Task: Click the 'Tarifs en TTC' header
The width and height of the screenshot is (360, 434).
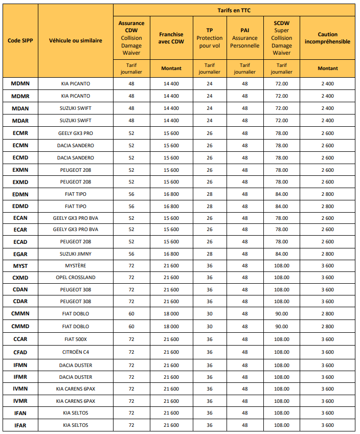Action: [x=234, y=10]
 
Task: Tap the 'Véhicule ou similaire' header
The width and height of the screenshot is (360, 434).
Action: [x=75, y=41]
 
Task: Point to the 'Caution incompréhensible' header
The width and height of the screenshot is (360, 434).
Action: [x=327, y=38]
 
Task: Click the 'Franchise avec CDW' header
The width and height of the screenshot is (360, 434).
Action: [x=171, y=38]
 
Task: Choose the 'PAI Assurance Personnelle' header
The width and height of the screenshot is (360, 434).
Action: [x=244, y=38]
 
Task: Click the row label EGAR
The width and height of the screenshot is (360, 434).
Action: [x=20, y=254]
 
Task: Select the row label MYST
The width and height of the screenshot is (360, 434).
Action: [x=20, y=265]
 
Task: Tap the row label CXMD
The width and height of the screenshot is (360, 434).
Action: [x=20, y=278]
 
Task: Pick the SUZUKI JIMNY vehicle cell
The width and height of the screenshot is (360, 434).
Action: [x=75, y=254]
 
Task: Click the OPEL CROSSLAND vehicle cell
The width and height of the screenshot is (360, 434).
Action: [x=75, y=278]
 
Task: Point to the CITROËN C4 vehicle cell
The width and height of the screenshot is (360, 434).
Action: [x=75, y=352]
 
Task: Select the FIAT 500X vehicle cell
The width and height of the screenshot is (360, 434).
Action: [x=75, y=339]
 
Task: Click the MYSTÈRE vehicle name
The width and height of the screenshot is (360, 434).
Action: [x=75, y=265]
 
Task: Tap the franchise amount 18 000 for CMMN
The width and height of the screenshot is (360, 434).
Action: [x=171, y=314]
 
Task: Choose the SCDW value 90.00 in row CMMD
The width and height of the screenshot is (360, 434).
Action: [x=281, y=326]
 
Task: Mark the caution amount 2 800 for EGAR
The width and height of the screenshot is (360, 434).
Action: [x=327, y=254]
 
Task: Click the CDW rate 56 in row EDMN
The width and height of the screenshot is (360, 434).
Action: [x=131, y=194]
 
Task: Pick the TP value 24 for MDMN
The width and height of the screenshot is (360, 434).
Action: [x=209, y=83]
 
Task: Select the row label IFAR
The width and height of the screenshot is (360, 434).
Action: [x=20, y=425]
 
